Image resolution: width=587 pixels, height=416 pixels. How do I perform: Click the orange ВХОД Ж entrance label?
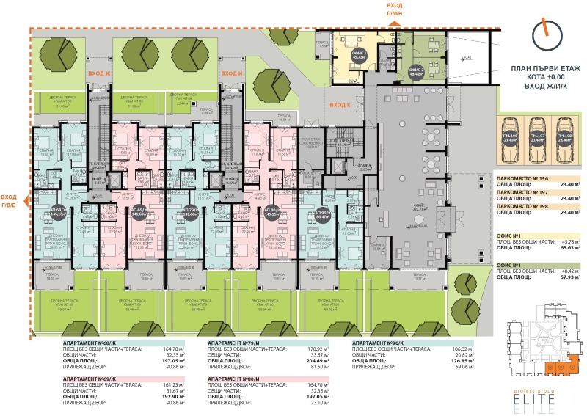coord(98,73)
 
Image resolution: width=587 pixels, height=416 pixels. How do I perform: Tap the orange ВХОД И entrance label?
coord(232,73)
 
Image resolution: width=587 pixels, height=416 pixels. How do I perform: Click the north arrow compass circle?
coord(545,34)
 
